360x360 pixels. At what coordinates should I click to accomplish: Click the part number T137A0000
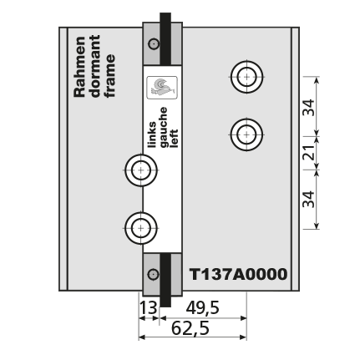(238, 275)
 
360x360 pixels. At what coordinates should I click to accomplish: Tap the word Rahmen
(79, 67)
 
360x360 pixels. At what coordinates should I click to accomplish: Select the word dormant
(95, 66)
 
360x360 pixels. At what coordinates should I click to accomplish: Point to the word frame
(110, 76)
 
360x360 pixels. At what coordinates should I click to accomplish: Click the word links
(152, 134)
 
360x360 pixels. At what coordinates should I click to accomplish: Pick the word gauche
(164, 127)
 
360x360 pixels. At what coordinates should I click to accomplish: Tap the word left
(174, 139)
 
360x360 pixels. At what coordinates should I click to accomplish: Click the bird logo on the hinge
(162, 88)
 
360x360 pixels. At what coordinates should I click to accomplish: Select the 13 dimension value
(149, 308)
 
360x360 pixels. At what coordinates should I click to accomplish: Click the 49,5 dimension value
(203, 308)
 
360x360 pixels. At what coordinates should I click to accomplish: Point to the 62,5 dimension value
(190, 328)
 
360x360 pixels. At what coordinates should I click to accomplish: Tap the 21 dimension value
(308, 152)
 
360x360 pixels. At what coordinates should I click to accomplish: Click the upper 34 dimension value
(308, 107)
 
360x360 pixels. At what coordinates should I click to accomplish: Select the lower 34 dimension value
(308, 199)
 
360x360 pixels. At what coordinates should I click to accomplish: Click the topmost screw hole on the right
(247, 77)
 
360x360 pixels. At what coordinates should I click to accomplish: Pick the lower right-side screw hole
(246, 134)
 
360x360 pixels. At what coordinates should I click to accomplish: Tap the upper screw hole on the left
(141, 170)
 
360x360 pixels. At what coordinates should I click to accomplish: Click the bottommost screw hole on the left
(141, 228)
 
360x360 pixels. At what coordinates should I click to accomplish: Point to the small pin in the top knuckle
(154, 43)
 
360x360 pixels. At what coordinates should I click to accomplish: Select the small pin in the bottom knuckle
(153, 275)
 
